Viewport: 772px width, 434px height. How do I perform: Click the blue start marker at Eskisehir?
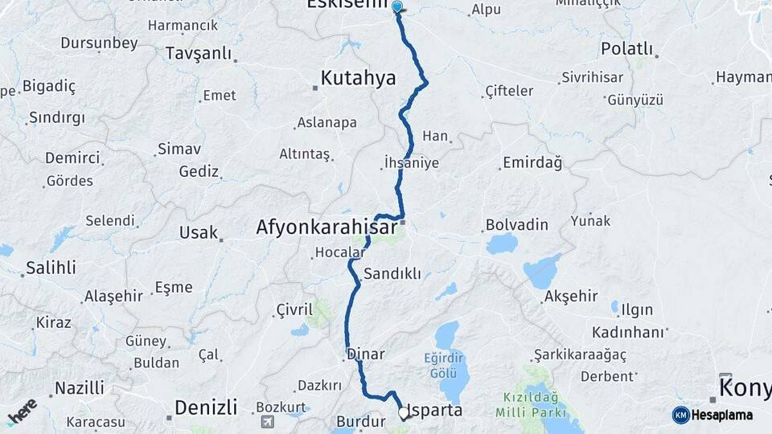click(396, 7)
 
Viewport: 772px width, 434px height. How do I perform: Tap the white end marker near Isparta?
click(404, 414)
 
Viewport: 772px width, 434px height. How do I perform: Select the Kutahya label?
click(359, 78)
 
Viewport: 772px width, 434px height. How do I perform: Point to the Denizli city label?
click(206, 407)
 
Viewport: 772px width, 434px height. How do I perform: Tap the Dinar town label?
click(366, 354)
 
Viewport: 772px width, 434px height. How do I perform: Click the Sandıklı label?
click(392, 274)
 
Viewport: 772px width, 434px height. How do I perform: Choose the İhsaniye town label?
click(412, 163)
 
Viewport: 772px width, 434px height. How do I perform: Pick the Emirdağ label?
click(532, 163)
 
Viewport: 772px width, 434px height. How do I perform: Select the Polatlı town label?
click(628, 49)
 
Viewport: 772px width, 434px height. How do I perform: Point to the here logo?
click(22, 411)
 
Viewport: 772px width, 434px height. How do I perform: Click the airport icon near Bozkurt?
click(267, 421)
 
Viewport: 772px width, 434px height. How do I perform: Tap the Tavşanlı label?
click(198, 54)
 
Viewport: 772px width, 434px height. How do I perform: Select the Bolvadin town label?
click(516, 224)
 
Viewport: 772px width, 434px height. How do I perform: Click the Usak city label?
click(198, 233)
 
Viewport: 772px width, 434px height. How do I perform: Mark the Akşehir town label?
click(571, 297)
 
